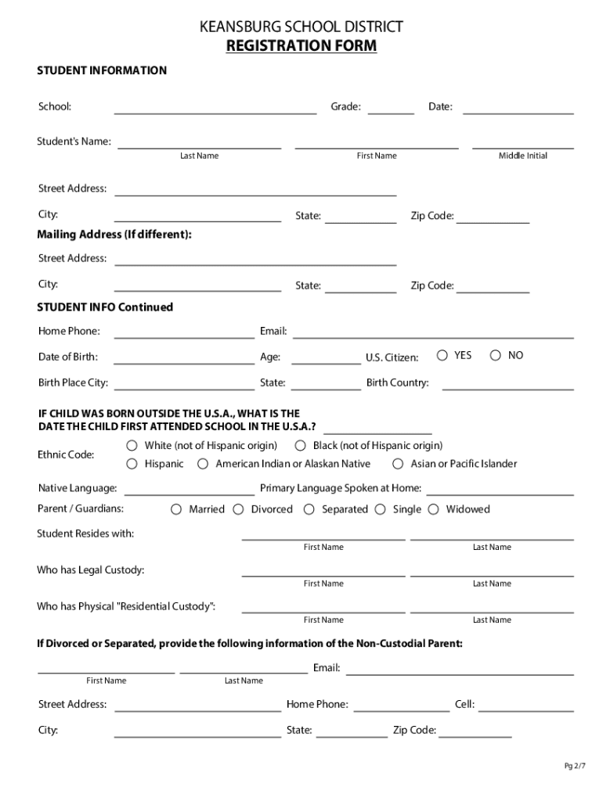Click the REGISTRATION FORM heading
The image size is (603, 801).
(301, 46)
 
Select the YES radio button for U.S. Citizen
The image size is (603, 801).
(442, 355)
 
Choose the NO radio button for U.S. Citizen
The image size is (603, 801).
(496, 355)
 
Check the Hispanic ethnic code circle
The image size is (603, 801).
(132, 464)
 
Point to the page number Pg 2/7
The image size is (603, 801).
(574, 766)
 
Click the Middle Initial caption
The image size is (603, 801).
(523, 156)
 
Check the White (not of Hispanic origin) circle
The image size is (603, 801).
(132, 446)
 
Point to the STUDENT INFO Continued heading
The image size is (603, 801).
(106, 307)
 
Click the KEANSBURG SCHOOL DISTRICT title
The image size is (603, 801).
(301, 27)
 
